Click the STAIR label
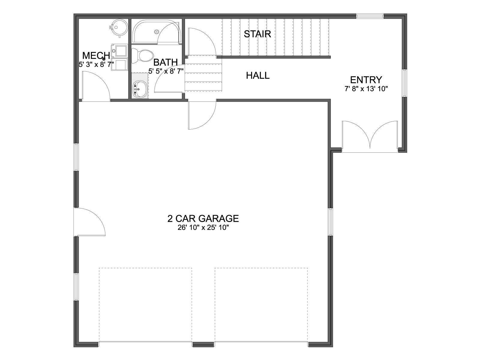tap(257, 34)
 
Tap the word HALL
tap(258, 76)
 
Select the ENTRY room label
tap(366, 80)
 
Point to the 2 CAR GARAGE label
tap(203, 219)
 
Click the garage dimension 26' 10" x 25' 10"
tap(203, 228)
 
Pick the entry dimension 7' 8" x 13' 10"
tap(366, 89)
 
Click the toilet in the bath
tap(142, 56)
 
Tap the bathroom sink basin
tap(139, 89)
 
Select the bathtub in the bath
tap(157, 31)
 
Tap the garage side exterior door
tap(90, 222)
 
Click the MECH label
tap(96, 56)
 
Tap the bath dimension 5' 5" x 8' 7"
tap(166, 71)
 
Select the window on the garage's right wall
tap(330, 222)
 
